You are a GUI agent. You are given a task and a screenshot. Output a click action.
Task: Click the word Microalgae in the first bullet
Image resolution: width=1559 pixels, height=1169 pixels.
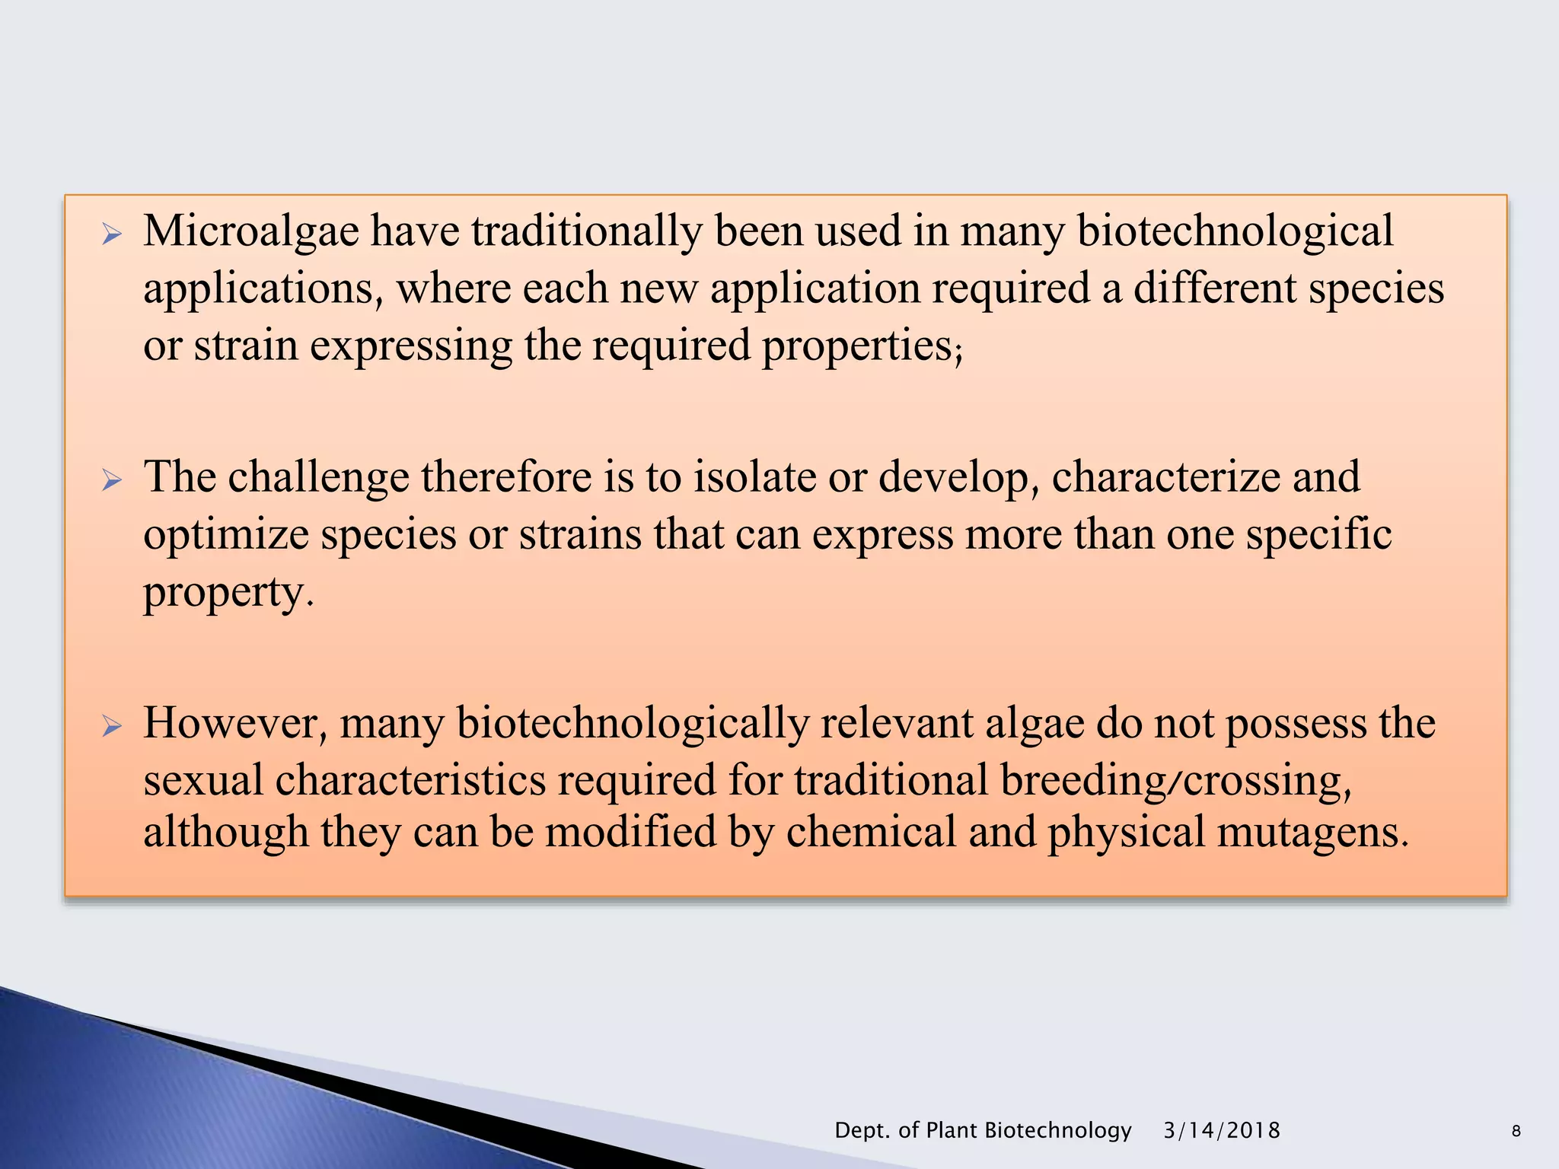point(251,231)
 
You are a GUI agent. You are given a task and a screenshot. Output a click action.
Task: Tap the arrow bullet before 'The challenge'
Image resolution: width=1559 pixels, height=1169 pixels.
point(112,480)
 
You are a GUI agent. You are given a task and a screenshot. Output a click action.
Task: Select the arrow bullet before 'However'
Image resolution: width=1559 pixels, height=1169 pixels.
point(112,726)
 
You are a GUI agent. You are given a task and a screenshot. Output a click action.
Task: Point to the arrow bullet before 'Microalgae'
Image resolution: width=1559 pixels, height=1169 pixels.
point(112,234)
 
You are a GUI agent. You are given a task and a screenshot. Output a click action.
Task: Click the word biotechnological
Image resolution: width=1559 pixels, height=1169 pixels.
point(1235,231)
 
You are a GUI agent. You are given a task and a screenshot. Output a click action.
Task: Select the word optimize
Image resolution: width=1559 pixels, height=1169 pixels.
point(225,534)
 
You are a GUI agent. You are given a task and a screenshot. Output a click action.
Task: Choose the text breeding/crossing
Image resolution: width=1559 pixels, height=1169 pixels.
point(1171,781)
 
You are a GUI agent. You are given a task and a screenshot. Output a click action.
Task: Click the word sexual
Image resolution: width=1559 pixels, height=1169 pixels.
point(203,781)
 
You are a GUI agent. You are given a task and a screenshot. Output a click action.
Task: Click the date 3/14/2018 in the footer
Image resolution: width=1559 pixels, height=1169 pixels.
point(1222,1130)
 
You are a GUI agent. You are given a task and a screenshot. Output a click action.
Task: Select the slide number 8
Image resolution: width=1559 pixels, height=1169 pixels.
point(1516,1132)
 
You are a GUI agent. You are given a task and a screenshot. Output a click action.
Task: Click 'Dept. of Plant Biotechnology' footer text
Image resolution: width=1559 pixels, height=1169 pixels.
point(983,1130)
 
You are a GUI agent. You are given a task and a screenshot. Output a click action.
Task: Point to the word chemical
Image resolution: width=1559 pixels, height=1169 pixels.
point(870,832)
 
